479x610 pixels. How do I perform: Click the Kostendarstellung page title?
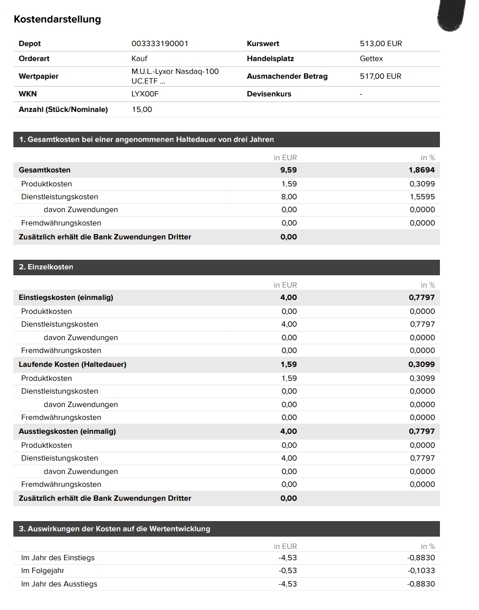tap(57, 19)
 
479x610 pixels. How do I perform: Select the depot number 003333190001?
tap(159, 43)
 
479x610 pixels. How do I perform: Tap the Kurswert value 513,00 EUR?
tap(381, 43)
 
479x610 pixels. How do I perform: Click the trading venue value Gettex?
tap(371, 58)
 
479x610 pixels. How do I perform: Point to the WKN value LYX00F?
tap(145, 94)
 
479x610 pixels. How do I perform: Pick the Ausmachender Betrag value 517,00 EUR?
tap(380, 76)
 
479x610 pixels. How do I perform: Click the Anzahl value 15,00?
tap(142, 109)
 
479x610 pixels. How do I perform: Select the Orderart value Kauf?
tap(139, 58)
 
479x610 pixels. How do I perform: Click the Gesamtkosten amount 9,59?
tap(289, 170)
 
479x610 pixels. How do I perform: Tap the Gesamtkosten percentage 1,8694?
tap(422, 170)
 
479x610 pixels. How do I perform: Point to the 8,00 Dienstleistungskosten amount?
tap(289, 197)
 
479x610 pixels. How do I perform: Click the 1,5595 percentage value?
tap(422, 197)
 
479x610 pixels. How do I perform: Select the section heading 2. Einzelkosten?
tap(46, 267)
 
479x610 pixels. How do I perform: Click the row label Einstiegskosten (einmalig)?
tap(66, 297)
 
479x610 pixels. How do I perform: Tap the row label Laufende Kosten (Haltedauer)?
tap(72, 364)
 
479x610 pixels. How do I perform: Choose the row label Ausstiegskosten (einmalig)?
tap(67, 431)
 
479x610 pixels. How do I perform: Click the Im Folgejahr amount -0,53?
tap(287, 570)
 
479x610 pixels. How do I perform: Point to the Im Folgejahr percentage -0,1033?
tap(421, 570)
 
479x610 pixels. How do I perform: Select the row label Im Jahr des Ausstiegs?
tap(59, 584)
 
